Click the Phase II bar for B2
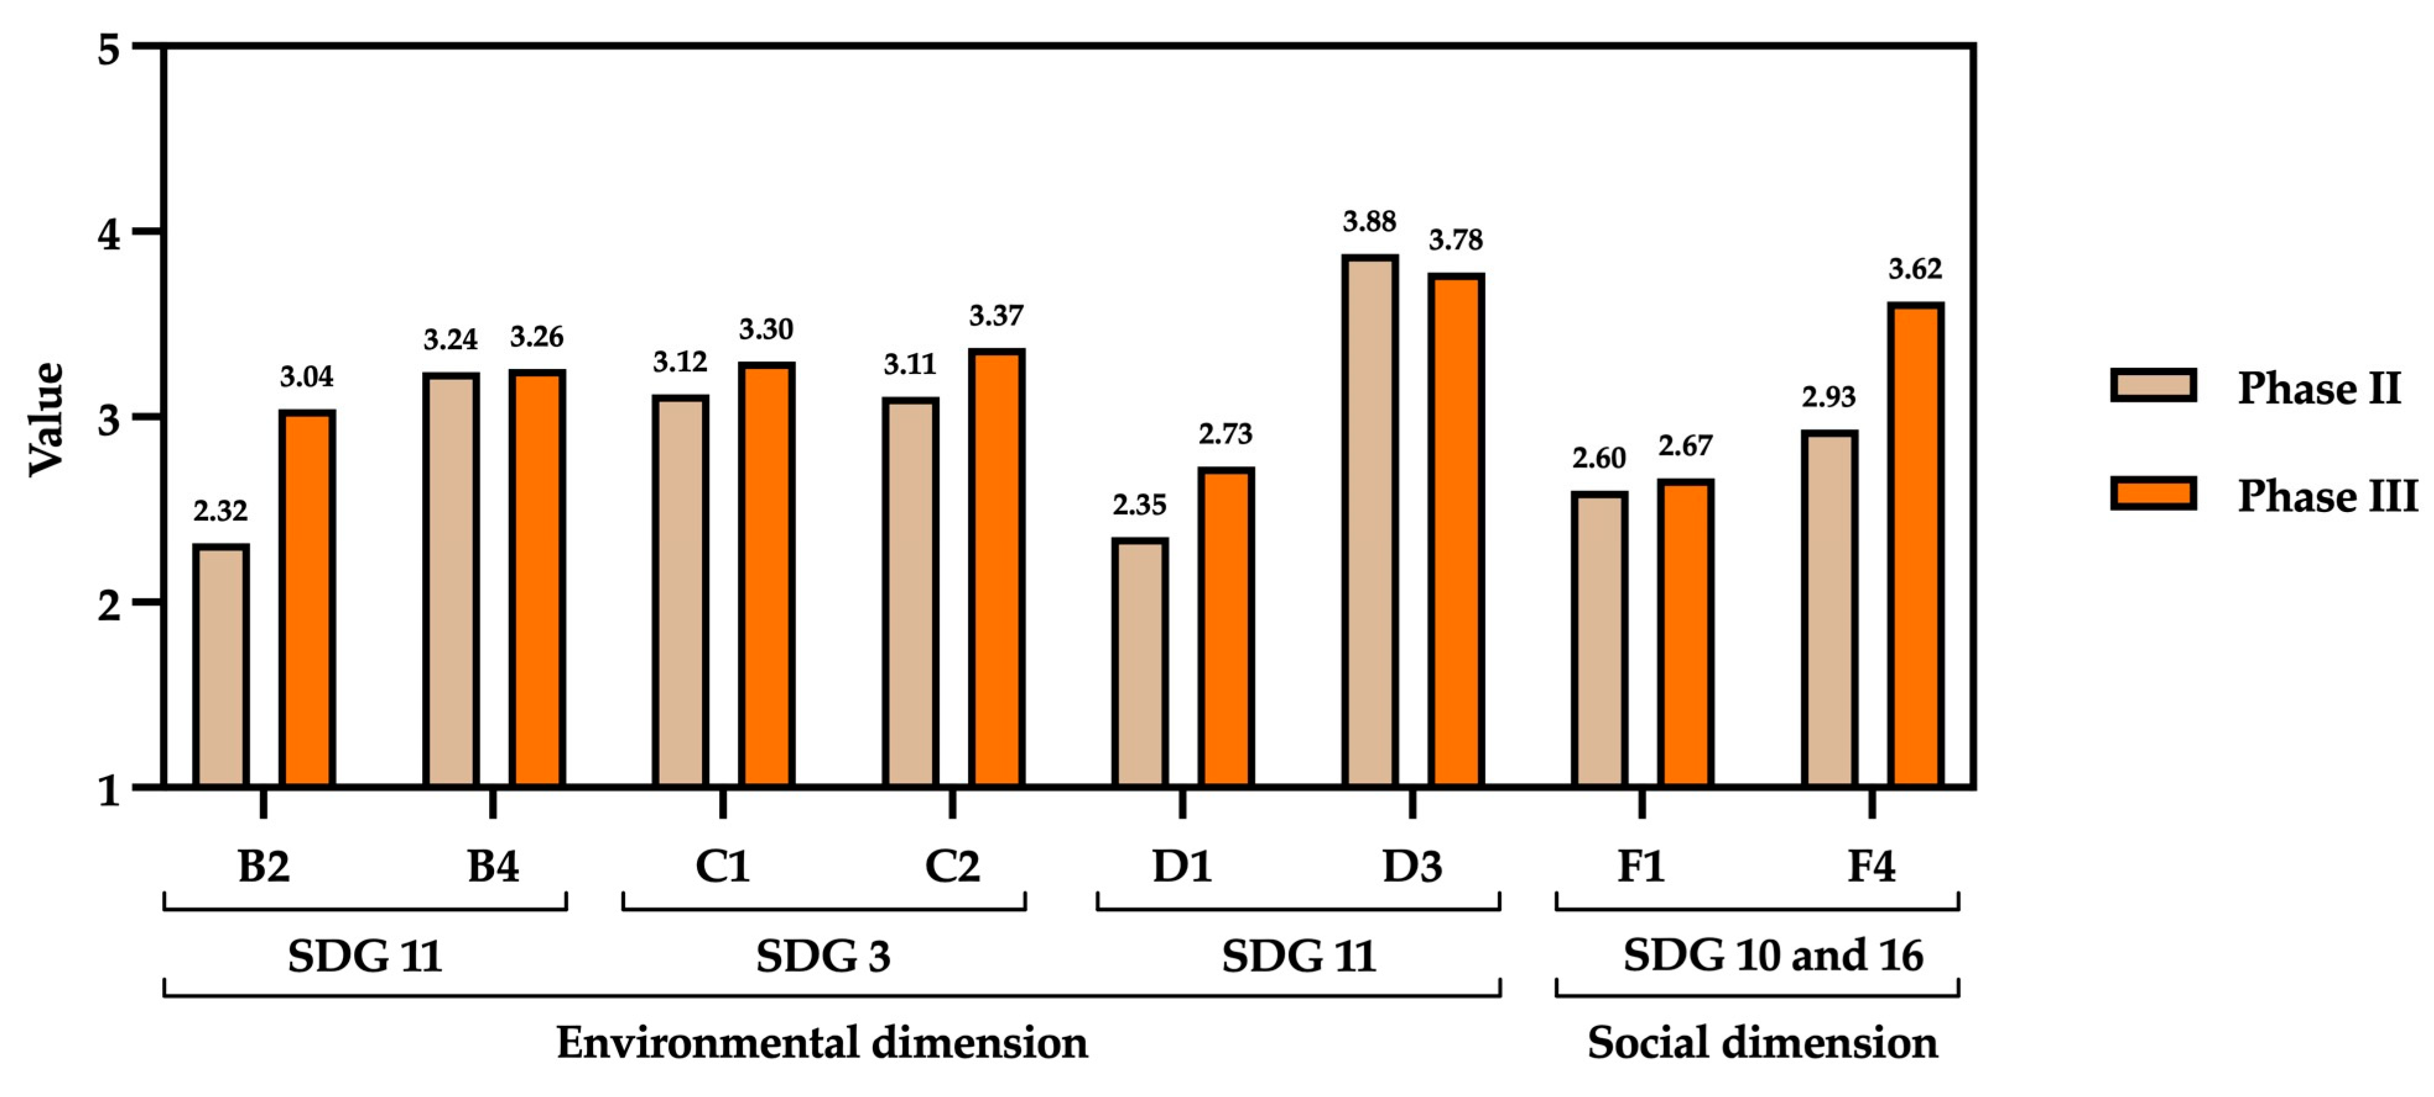point(221,666)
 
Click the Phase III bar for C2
point(996,568)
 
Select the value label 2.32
point(220,511)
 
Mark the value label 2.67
point(1685,445)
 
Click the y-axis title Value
point(45,418)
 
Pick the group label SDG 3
point(823,956)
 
